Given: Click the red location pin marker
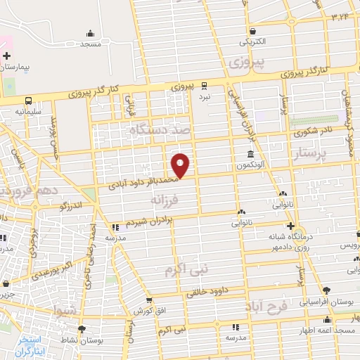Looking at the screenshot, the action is pyautogui.click(x=181, y=165).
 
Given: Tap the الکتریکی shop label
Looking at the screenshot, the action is pyautogui.click(x=251, y=41).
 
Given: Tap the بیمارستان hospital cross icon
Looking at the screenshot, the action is pyautogui.click(x=6, y=56).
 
